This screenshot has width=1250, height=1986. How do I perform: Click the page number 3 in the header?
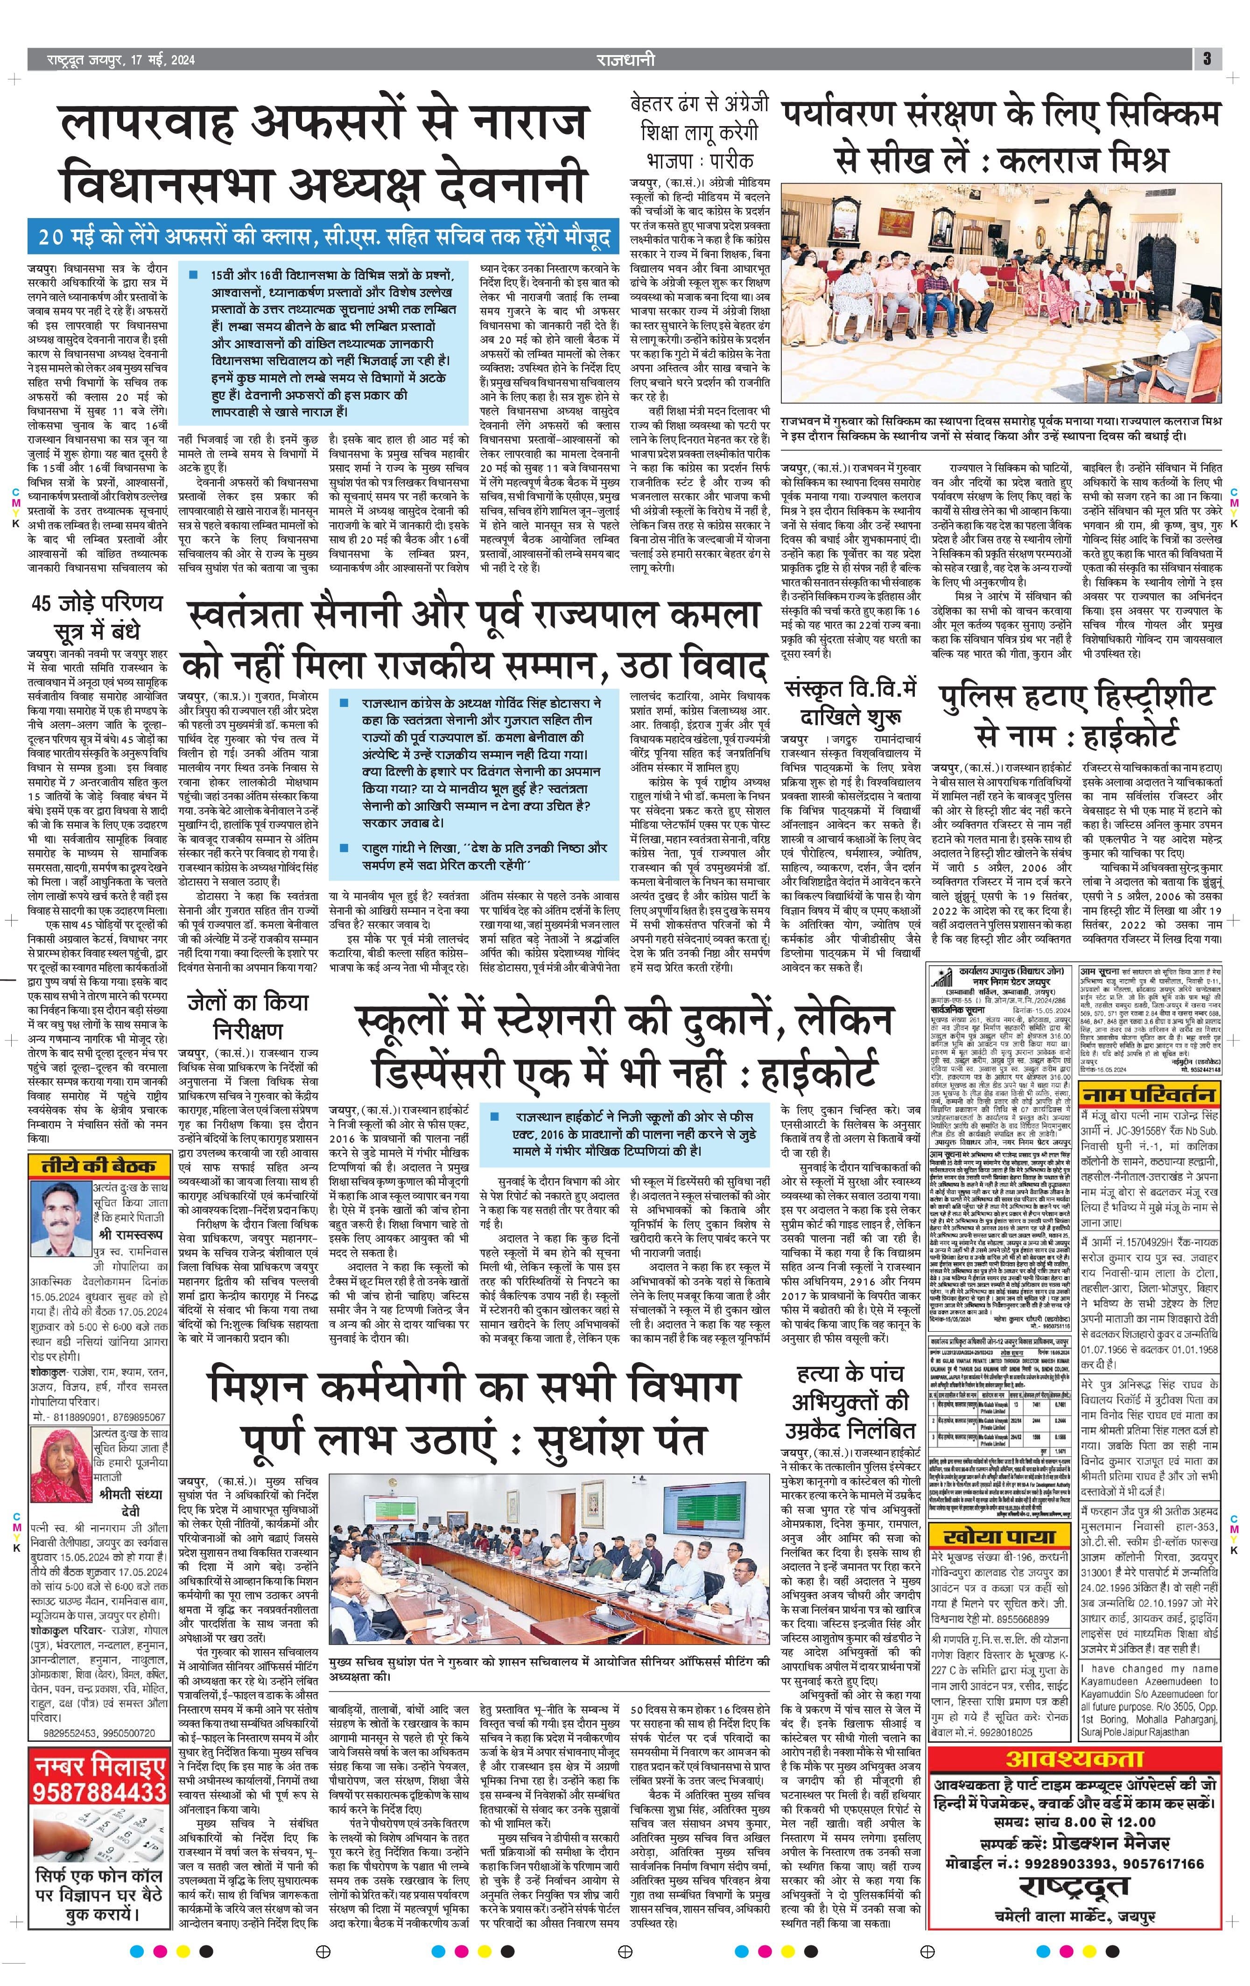coord(1207,58)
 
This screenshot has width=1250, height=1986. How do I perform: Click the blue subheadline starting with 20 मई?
coord(323,238)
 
